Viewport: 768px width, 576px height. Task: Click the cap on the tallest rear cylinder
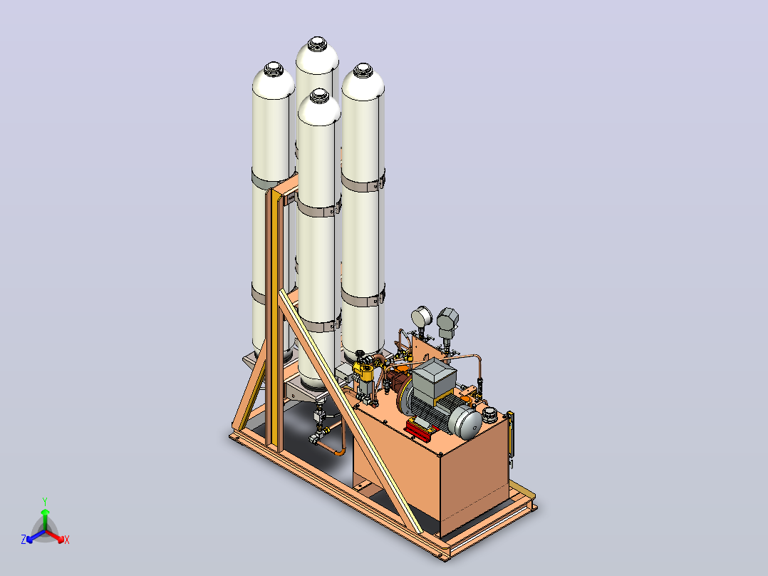pos(317,43)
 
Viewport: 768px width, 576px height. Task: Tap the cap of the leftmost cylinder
pos(274,68)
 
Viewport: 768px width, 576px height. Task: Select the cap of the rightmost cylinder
pos(363,70)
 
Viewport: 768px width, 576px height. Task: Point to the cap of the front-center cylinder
pos(319,96)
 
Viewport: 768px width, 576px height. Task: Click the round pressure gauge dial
pos(421,317)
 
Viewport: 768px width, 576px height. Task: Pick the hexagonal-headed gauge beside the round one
pos(447,319)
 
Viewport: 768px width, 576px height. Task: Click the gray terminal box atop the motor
pos(434,376)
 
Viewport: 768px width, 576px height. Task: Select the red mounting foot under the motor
pos(420,430)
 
